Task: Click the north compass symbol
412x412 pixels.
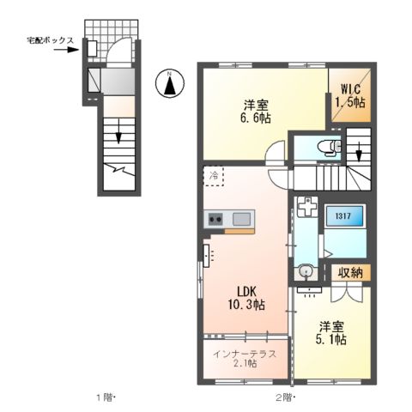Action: coord(170,84)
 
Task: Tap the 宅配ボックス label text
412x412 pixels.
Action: coord(50,40)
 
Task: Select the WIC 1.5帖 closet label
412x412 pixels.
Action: coord(349,95)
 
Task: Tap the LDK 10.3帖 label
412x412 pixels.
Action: coord(245,296)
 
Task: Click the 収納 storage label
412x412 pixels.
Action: coord(348,274)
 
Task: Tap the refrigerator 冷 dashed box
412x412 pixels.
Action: coord(213,176)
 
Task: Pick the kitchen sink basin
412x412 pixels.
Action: coord(240,219)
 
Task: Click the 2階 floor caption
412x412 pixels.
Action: coord(286,397)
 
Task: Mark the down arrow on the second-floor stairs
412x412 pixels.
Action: coord(359,154)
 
